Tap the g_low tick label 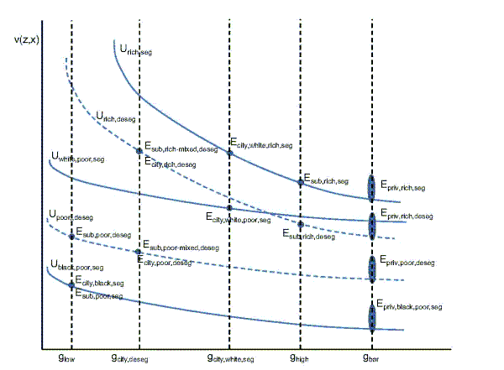point(66,358)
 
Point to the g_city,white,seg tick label point(230,358)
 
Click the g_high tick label point(299,358)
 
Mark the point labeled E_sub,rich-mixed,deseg point(139,151)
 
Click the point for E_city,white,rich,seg point(229,153)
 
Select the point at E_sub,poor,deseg point(71,237)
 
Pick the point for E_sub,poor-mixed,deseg point(139,252)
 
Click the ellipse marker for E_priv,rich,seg point(371,187)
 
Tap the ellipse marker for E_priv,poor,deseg point(371,268)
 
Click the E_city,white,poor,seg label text point(239,219)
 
